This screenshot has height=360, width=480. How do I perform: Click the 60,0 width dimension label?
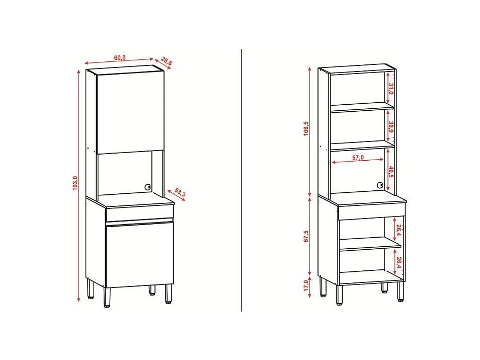point(120,57)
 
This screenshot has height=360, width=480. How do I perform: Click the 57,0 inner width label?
point(358,158)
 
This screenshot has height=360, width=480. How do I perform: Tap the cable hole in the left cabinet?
point(148,186)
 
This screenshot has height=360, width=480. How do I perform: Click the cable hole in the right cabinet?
point(380,186)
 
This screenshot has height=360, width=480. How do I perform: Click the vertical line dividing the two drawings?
point(242,181)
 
